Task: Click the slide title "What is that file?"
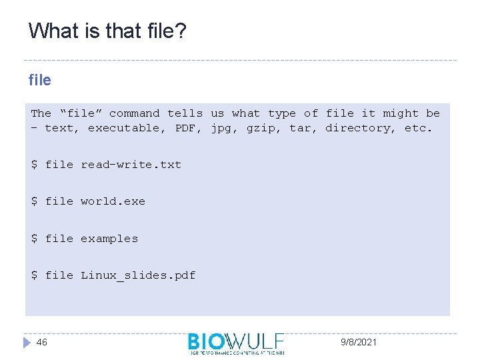[107, 31]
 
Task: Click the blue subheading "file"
[40, 80]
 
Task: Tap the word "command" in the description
[135, 113]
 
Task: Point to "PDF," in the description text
[189, 128]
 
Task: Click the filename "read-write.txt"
[131, 165]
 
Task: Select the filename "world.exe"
[113, 201]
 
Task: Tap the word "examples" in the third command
[109, 239]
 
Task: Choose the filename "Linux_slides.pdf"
[138, 275]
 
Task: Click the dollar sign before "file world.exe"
[34, 201]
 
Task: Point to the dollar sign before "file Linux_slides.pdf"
[34, 275]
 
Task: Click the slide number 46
[42, 342]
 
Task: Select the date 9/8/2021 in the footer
[358, 342]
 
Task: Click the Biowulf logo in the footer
[236, 343]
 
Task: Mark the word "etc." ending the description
[419, 128]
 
